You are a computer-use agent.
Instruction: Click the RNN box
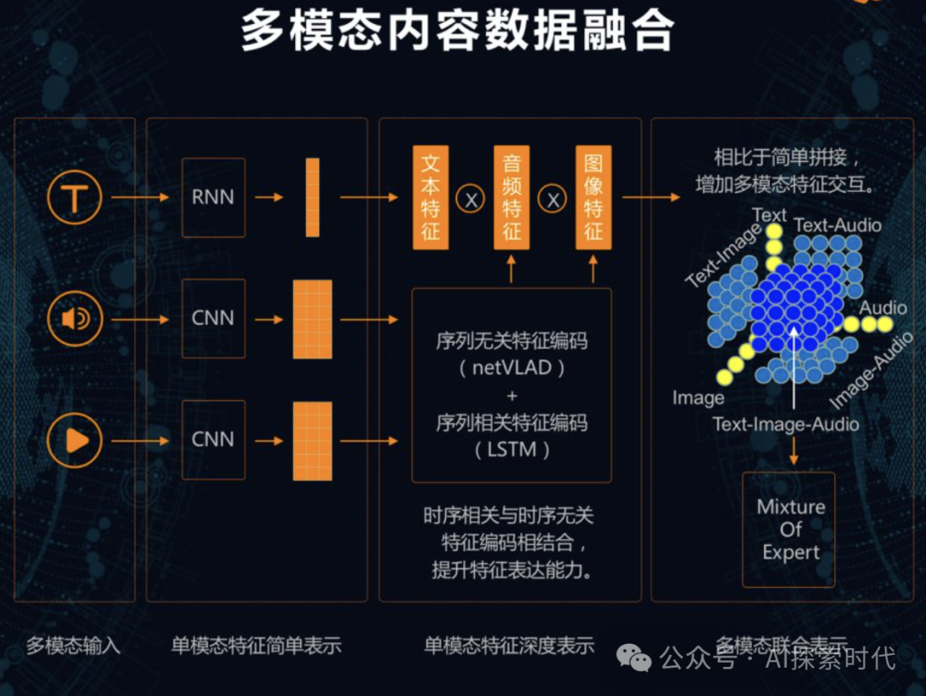coord(213,197)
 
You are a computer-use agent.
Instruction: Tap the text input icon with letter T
coord(75,198)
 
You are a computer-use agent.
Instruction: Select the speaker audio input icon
coord(75,320)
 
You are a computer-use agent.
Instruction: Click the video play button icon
coord(75,441)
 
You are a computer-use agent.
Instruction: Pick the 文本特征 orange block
coord(430,197)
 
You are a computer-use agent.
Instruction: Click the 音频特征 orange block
coord(512,197)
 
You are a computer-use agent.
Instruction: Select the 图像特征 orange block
coord(593,197)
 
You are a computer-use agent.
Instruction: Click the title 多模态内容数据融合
coord(456,32)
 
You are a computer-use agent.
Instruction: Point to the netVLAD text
coord(513,369)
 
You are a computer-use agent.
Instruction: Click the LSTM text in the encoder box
coord(513,449)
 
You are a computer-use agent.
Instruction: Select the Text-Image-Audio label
coord(785,423)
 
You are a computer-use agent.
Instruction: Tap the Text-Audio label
coord(837,225)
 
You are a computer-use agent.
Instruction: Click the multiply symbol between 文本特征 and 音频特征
coord(470,199)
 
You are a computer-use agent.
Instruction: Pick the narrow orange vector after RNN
coord(312,197)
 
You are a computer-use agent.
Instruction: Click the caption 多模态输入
coord(73,645)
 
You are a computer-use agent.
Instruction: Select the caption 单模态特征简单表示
coord(256,645)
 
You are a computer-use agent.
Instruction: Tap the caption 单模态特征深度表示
coord(509,645)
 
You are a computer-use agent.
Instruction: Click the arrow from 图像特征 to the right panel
coord(651,197)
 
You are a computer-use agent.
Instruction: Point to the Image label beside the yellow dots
coord(698,398)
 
